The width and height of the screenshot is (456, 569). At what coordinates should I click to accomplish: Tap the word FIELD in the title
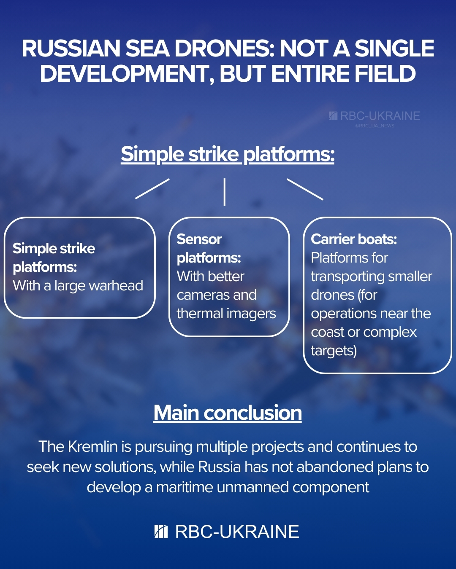click(x=385, y=74)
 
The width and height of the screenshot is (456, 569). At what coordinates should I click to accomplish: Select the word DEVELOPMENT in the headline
click(x=127, y=74)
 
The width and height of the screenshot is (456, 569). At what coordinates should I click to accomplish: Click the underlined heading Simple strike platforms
click(x=228, y=154)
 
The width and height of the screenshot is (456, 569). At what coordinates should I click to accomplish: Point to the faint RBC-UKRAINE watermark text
click(x=380, y=116)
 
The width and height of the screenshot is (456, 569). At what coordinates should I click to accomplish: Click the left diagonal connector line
click(x=152, y=188)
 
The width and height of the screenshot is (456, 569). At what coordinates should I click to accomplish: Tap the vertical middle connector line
click(x=224, y=192)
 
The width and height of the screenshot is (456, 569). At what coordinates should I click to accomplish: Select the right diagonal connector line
click(x=305, y=189)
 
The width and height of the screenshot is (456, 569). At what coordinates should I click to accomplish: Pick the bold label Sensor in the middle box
click(x=199, y=239)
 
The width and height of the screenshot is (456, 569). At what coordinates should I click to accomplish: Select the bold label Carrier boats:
click(x=354, y=239)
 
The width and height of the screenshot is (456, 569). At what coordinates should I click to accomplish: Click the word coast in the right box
click(x=327, y=333)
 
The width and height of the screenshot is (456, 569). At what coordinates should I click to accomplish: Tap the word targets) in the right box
click(x=334, y=351)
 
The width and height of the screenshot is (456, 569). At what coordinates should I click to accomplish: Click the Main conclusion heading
click(x=228, y=413)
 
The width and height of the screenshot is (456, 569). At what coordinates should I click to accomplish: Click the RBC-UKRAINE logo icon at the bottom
click(x=161, y=532)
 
